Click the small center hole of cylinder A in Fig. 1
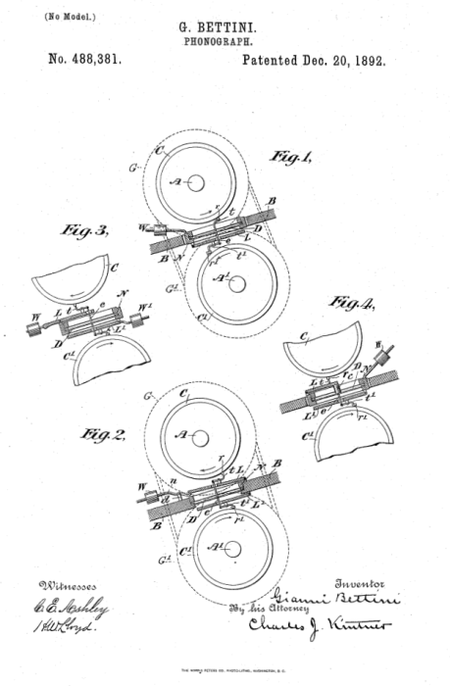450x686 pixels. pos(196,182)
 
